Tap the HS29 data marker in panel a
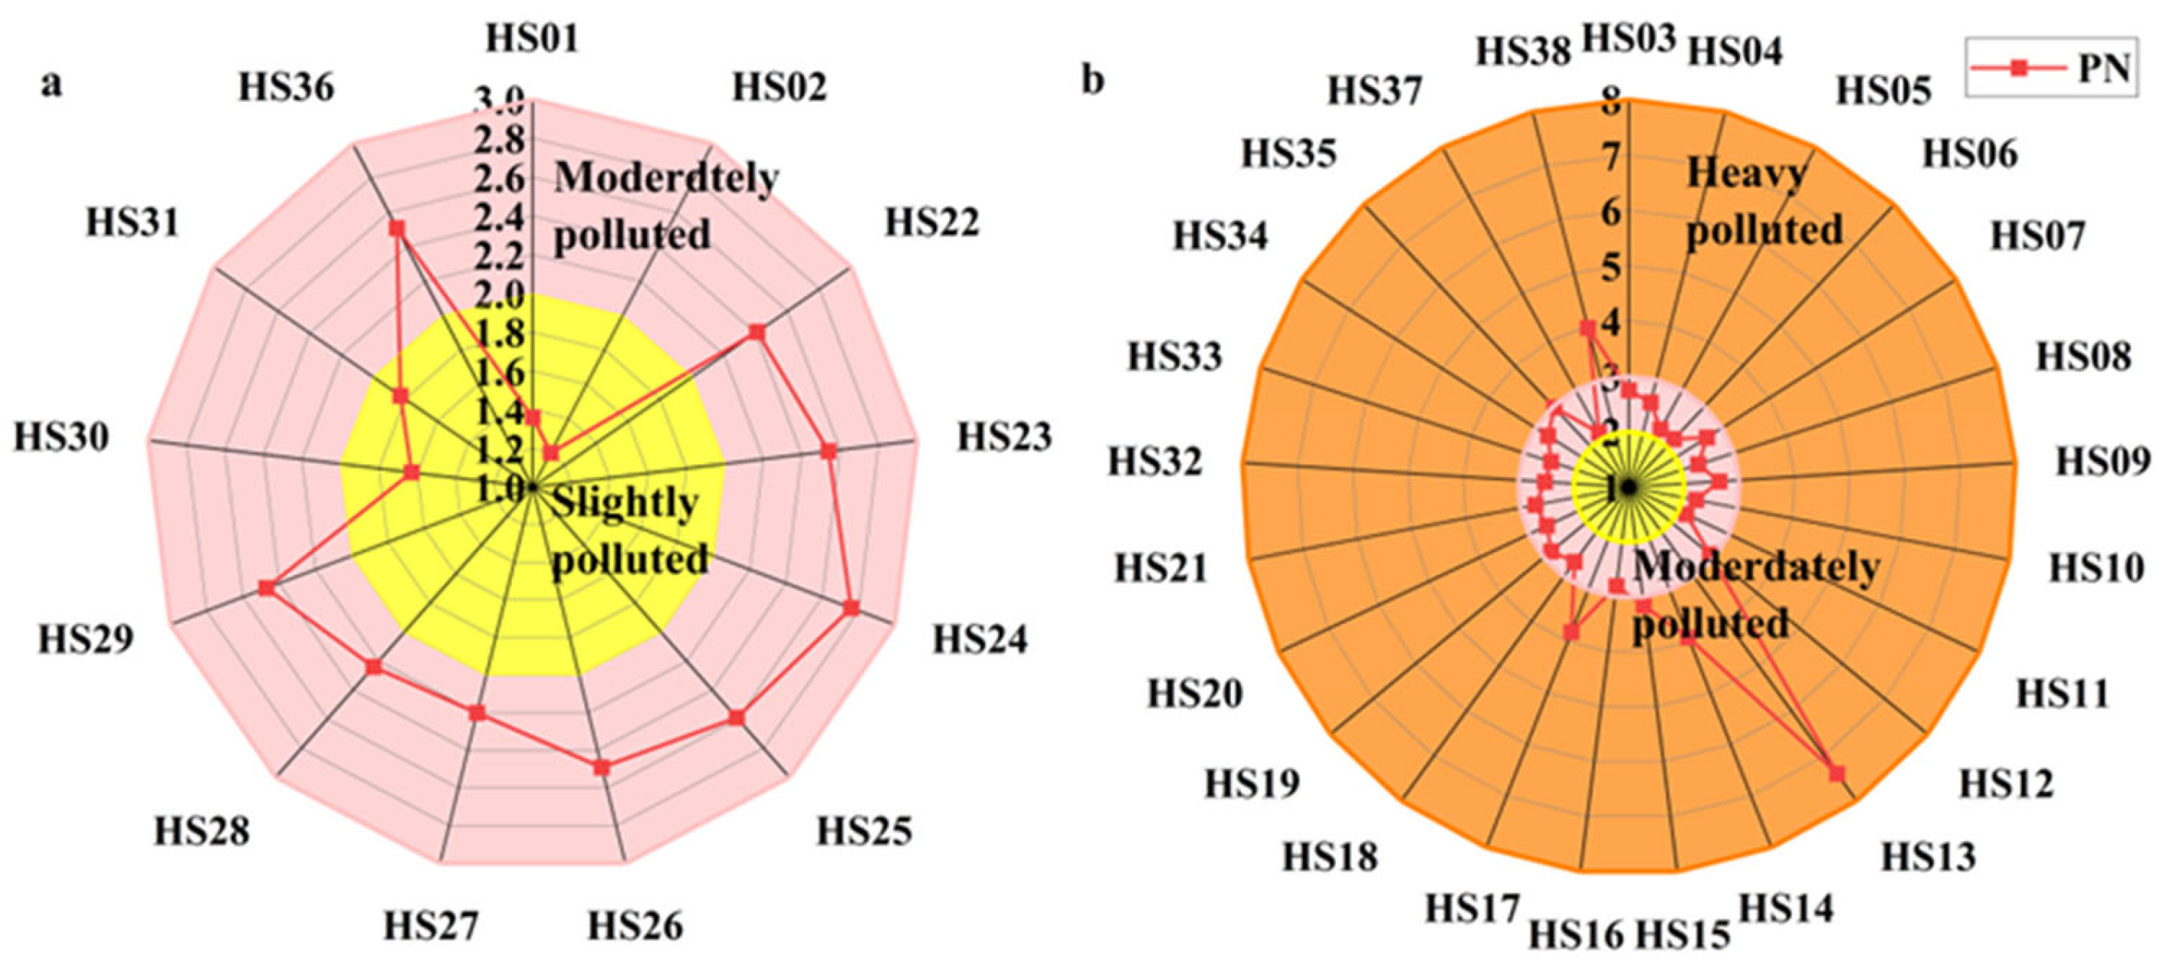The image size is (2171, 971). pyautogui.click(x=267, y=588)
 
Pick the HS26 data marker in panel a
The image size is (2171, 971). pyautogui.click(x=601, y=768)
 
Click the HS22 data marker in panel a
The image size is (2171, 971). pyautogui.click(x=757, y=333)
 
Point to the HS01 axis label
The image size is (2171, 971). pyautogui.click(x=533, y=39)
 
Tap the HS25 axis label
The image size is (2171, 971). pyautogui.click(x=864, y=831)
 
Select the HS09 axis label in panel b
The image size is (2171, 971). pyautogui.click(x=2103, y=461)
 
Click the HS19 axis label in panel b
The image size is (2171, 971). pyautogui.click(x=1252, y=783)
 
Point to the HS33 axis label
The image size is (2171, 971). pyautogui.click(x=1174, y=356)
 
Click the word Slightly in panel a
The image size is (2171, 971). pyautogui.click(x=624, y=503)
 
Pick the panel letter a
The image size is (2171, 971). pyautogui.click(x=51, y=84)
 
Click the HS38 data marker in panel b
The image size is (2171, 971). pyautogui.click(x=1588, y=329)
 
